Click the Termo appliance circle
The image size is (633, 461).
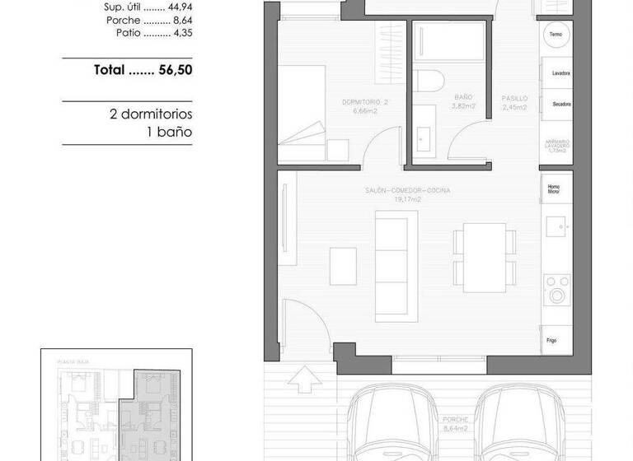click(x=556, y=35)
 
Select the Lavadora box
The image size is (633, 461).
click(x=556, y=74)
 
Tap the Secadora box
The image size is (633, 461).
click(x=556, y=105)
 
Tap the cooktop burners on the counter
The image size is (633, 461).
click(x=558, y=289)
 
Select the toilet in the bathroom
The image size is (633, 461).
click(x=429, y=81)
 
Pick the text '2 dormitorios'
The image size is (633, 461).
click(x=151, y=114)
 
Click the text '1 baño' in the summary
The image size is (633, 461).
click(x=170, y=131)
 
